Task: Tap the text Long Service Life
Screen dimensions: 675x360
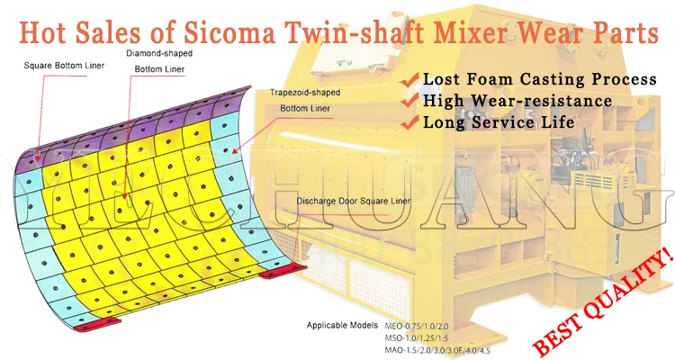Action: [500, 121]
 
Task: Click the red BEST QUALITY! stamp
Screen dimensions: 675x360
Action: [602, 298]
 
